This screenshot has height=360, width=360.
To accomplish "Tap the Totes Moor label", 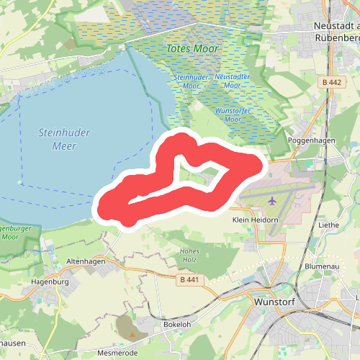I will click(192, 48).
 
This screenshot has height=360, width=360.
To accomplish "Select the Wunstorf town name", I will click(275, 303).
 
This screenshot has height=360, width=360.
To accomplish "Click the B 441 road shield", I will click(189, 279).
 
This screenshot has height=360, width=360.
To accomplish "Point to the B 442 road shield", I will click(331, 83).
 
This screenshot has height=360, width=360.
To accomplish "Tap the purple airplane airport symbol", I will click(272, 199).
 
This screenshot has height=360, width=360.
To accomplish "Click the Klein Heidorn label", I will click(256, 219).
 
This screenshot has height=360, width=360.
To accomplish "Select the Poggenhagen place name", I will click(312, 140).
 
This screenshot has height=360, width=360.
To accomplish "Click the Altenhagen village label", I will click(86, 262).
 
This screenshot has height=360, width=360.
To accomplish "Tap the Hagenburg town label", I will click(50, 282).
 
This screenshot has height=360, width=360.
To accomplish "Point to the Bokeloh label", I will click(176, 325).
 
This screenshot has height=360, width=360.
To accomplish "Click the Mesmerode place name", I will click(117, 354).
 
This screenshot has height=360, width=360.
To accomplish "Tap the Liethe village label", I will click(328, 225).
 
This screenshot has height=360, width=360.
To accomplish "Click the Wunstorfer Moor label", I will click(233, 114).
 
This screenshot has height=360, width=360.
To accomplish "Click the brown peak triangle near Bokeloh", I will click(132, 334).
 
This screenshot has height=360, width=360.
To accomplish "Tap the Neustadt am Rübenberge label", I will click(336, 31).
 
